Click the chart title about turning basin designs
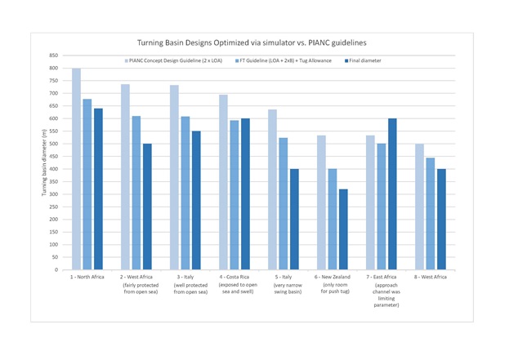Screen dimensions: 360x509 [x=252, y=42]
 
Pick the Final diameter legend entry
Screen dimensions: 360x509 [x=363, y=60]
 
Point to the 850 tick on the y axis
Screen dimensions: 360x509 [x=54, y=56]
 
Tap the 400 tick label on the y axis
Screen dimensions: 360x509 [x=54, y=169]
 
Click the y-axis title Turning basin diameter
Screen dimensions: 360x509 [x=45, y=162]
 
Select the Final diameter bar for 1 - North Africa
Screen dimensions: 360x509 [x=98, y=189]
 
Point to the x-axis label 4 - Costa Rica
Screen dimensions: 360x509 [x=235, y=278]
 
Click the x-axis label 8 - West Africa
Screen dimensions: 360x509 [x=431, y=278]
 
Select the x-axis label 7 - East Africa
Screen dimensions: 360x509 [x=382, y=278]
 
